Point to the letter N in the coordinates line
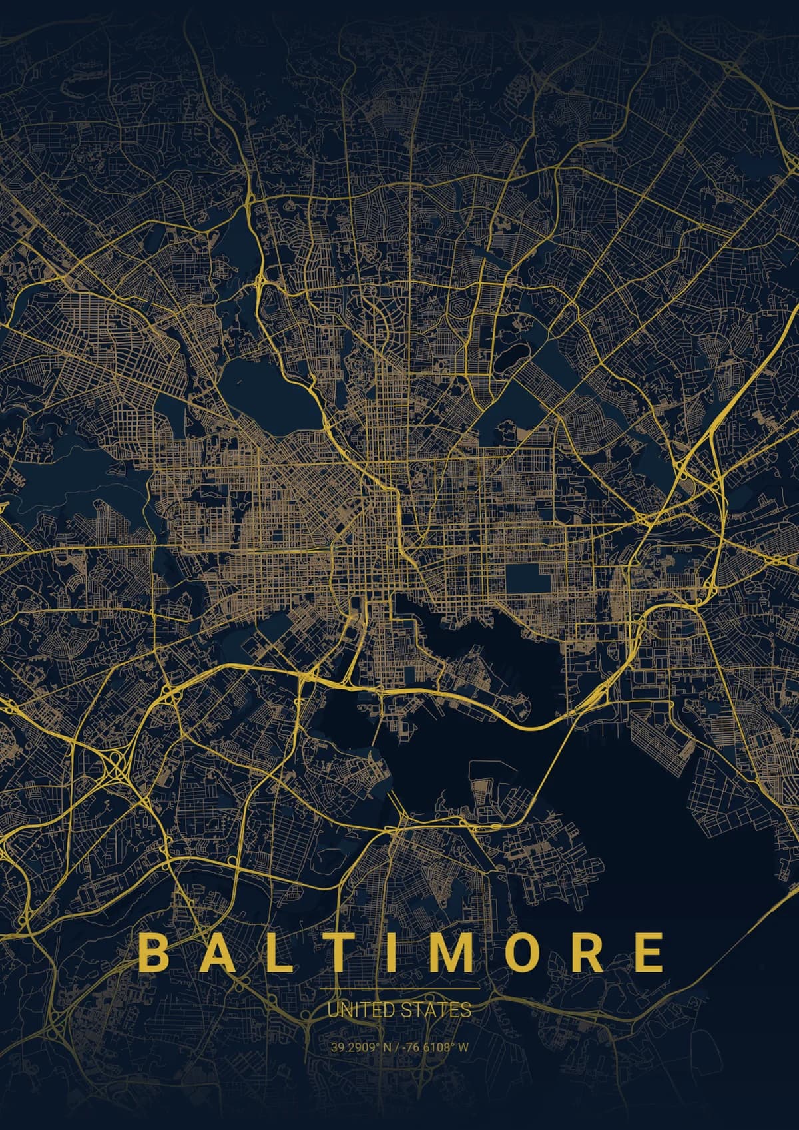tap(386, 1047)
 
